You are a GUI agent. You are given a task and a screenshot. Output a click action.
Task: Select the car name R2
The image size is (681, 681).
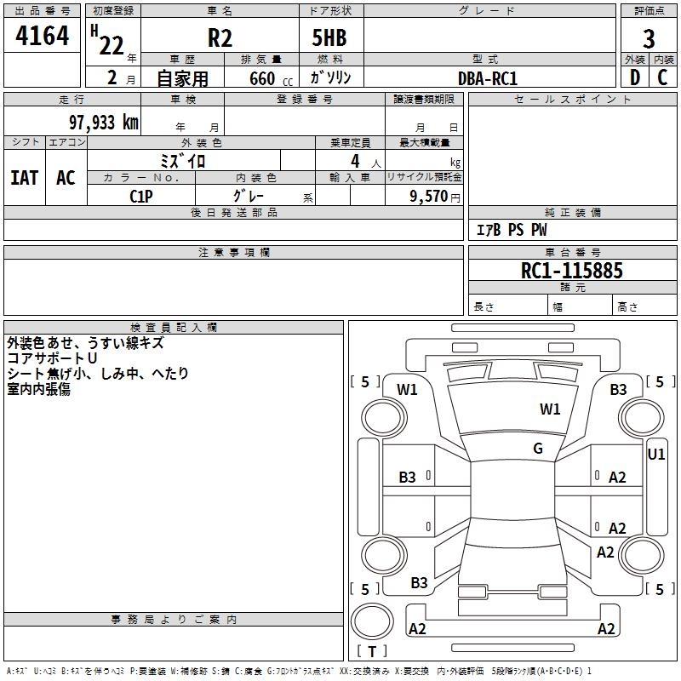point(220,37)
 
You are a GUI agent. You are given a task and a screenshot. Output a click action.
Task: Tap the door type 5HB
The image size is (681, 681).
point(329,37)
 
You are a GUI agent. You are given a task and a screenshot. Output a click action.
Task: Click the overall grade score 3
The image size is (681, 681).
point(649,38)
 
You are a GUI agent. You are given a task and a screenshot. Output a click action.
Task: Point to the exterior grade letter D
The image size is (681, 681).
point(634,77)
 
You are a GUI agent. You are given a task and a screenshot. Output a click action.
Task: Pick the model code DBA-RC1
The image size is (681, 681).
point(488,78)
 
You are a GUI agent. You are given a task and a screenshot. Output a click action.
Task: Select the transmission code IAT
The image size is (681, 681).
point(25,177)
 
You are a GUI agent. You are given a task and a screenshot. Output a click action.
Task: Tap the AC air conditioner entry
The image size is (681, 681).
point(66,177)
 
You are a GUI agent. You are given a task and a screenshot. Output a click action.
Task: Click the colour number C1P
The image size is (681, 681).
point(141,195)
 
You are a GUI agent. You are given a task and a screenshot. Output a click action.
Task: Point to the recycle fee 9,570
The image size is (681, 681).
point(429,195)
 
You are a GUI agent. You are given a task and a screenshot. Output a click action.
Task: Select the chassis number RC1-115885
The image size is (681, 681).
point(572,271)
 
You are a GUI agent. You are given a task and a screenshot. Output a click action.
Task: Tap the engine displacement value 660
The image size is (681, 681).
point(261,78)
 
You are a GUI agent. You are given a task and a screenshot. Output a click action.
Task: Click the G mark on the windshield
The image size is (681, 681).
point(538,449)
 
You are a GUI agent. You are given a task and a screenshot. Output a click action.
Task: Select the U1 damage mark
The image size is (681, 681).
point(656,455)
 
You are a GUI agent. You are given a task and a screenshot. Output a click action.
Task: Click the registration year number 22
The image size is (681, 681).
point(112,45)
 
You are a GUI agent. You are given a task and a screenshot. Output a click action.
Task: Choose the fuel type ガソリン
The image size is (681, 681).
point(331,77)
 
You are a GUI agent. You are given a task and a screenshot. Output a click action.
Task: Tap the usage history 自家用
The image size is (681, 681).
point(182,78)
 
